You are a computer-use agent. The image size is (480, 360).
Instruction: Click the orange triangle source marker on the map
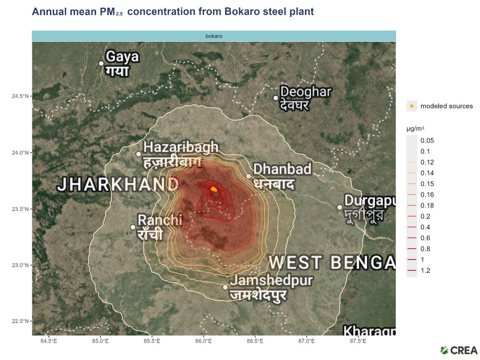point(214,189)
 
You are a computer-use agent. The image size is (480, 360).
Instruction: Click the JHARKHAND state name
point(118,184)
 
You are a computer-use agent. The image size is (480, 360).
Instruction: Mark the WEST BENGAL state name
point(332,263)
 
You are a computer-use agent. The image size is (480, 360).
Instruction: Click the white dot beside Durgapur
point(340,207)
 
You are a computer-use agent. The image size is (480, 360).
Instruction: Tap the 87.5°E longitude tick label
point(358,341)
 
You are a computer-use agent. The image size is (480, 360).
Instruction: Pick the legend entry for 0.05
point(427,141)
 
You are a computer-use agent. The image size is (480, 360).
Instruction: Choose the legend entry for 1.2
point(425,271)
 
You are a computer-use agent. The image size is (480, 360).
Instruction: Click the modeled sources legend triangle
point(412,106)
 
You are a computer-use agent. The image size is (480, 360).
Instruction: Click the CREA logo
point(458,350)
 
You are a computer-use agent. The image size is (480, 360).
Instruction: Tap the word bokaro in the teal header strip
point(214,36)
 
